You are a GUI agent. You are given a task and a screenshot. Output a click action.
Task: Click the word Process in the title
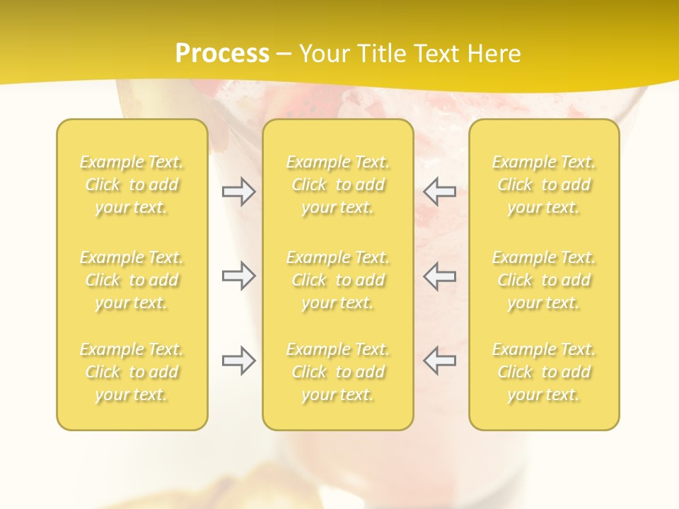222,53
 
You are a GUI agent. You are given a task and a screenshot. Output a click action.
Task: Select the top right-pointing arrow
238,192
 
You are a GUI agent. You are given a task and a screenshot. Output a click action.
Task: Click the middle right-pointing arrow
238,276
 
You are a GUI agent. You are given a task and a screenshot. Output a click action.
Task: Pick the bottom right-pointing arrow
238,361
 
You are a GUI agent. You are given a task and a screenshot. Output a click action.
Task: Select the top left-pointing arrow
439,191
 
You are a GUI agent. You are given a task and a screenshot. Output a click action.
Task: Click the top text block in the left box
132,185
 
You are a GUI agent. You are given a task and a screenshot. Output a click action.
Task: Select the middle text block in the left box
132,280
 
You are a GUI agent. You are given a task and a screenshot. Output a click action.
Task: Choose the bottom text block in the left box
132,372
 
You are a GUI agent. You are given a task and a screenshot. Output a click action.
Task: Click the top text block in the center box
337,185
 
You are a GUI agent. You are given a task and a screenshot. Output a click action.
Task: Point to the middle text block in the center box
337,280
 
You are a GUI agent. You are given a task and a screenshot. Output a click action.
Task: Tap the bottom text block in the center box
337,372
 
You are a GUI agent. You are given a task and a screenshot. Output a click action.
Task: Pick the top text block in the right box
544,185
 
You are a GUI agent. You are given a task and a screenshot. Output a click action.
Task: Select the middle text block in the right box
544,280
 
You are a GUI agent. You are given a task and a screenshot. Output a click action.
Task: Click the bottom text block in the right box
544,372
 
